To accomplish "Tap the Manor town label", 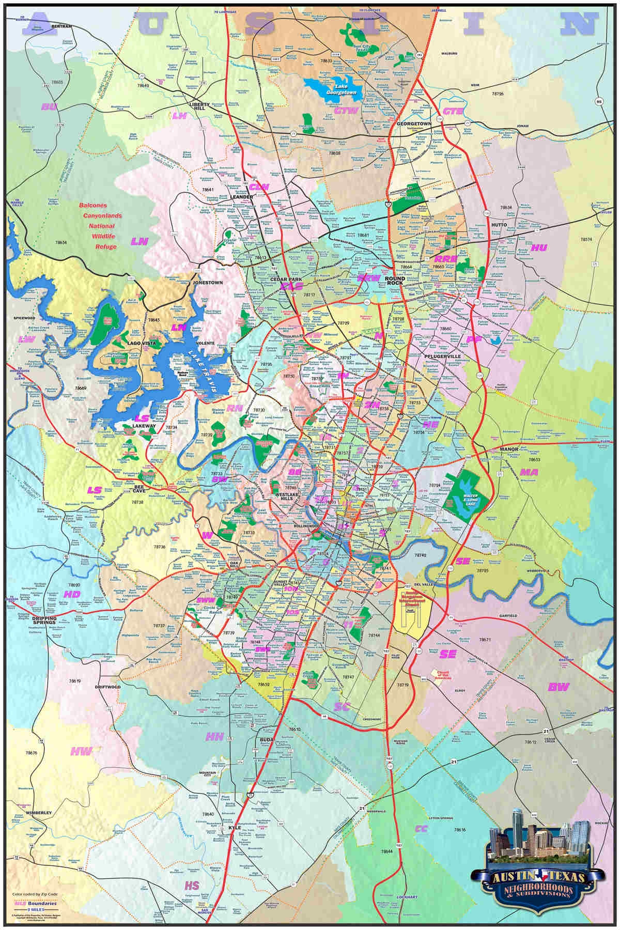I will coord(509,450).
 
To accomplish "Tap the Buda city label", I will coord(263,739).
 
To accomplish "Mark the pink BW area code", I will coord(559,687).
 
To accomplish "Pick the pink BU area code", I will coord(50,107).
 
